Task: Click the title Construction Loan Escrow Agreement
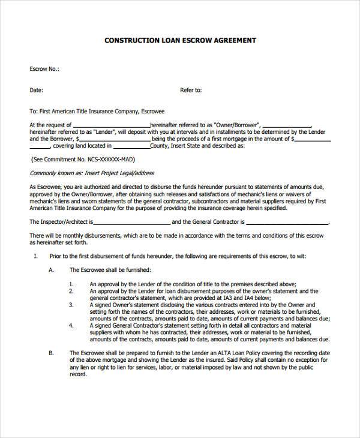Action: (181, 41)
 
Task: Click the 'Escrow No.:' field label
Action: (44, 69)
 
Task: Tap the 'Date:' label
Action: (37, 91)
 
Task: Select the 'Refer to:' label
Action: (191, 91)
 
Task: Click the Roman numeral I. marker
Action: (35, 256)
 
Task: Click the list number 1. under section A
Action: (71, 284)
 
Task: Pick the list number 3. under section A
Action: (71, 304)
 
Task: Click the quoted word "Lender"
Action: (94, 131)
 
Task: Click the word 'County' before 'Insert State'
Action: (159, 146)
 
